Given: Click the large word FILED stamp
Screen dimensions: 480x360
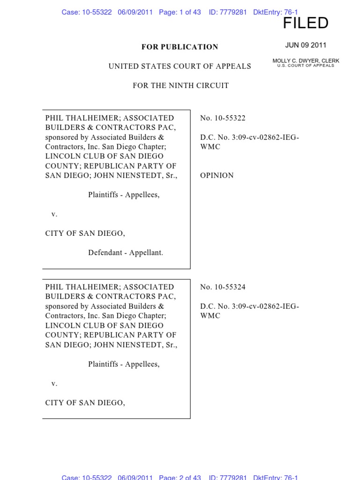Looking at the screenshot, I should tap(306, 23).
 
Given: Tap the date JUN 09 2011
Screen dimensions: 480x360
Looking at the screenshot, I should tap(306, 45).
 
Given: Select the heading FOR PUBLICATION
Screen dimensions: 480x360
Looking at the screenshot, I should tap(180, 47).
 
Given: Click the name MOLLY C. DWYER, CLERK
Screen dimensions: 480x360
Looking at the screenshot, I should tap(306, 61).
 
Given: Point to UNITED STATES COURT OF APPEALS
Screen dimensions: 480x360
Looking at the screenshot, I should tap(180, 67).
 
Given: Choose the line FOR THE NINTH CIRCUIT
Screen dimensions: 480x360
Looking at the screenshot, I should tap(180, 86).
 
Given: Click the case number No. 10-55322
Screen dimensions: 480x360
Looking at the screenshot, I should tap(223, 118).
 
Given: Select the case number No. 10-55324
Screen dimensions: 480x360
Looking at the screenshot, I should tap(223, 287).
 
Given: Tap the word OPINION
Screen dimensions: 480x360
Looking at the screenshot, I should tap(217, 176).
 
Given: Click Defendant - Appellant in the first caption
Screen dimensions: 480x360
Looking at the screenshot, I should tap(126, 253).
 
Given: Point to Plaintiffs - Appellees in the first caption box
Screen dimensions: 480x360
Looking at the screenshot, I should tap(124, 195).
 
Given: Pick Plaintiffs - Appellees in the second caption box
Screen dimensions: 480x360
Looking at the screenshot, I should tap(124, 364).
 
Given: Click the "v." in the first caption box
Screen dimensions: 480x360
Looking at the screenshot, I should tap(54, 214).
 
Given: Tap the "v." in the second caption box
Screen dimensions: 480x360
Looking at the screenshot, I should tap(54, 383).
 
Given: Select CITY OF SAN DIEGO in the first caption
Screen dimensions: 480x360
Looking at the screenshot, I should tap(85, 233).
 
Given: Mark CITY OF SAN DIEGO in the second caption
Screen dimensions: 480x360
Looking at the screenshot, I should tap(85, 403).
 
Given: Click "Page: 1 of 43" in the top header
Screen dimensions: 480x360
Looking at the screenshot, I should tap(180, 12).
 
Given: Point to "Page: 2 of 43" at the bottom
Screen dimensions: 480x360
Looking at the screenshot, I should tap(180, 477).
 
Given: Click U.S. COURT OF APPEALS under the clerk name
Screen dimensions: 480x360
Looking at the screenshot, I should tap(306, 66).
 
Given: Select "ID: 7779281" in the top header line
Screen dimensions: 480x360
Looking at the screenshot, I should tap(227, 12).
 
